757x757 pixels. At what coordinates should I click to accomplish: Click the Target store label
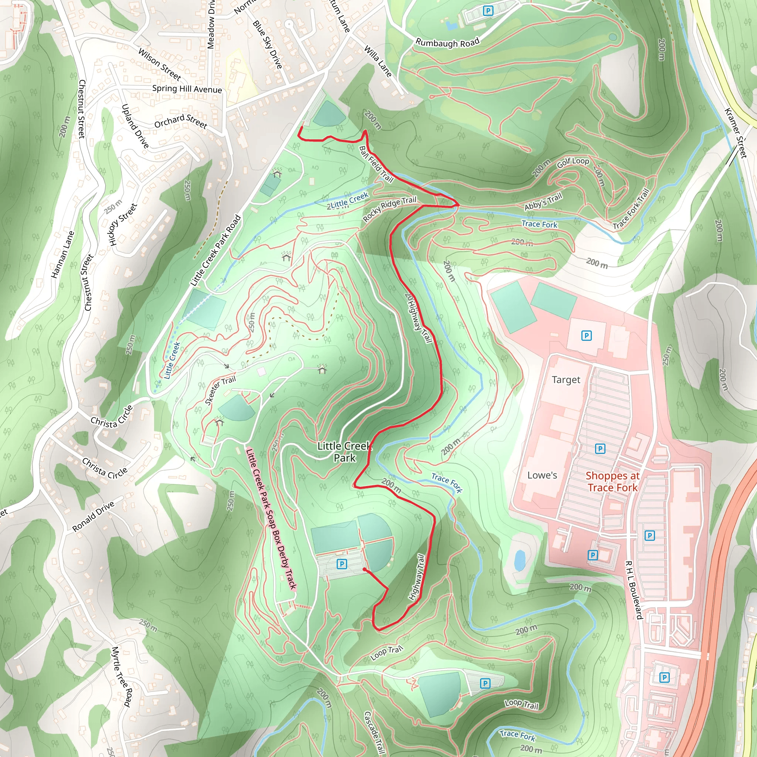566,380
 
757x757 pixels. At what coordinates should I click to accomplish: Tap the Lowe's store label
542,475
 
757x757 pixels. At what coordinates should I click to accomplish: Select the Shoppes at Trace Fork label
612,482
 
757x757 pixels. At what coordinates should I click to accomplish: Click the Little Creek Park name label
344,452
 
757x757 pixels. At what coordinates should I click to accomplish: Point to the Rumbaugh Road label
447,42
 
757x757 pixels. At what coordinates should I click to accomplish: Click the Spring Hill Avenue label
187,89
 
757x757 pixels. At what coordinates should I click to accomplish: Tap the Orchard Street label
180,121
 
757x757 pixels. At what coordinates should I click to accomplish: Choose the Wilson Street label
159,64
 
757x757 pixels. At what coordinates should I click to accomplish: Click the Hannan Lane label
63,255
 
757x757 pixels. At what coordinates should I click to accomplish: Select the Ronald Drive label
93,516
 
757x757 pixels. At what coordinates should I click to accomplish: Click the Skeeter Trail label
220,390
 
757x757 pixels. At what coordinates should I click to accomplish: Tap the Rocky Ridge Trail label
390,208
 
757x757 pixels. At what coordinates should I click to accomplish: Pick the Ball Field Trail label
376,164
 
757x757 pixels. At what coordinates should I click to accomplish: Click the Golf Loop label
573,162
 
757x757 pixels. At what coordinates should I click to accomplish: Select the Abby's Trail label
543,201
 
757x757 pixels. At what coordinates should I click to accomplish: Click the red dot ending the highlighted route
364,569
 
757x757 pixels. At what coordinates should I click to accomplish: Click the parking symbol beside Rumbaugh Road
488,11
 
